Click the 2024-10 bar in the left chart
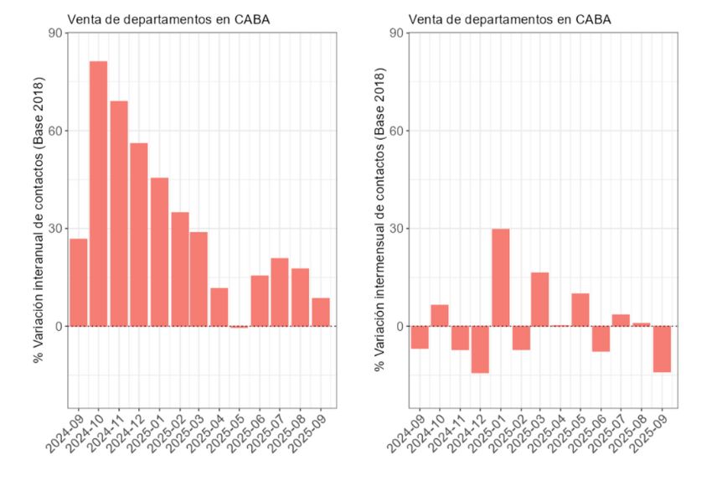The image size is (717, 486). [98, 194]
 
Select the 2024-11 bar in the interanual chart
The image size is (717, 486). [119, 214]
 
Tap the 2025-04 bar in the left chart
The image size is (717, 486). [219, 307]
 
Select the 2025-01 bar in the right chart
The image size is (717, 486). [500, 277]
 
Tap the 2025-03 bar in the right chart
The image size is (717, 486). [541, 299]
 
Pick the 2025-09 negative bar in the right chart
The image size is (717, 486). [663, 349]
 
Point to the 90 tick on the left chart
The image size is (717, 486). [55, 34]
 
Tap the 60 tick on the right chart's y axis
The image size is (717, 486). [396, 131]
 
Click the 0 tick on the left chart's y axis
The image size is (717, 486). [59, 326]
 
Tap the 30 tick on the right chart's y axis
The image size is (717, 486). [396, 229]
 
